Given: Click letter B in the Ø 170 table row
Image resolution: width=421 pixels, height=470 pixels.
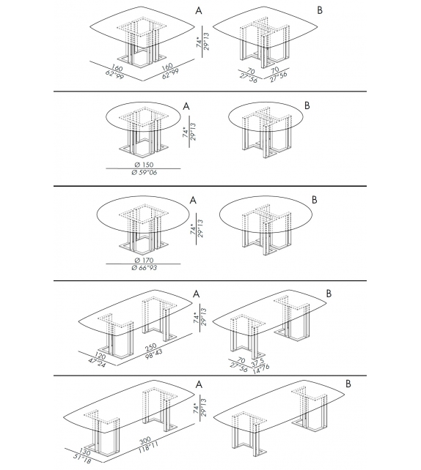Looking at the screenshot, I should (314, 199).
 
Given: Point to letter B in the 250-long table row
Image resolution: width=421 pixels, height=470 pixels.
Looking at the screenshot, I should (329, 294).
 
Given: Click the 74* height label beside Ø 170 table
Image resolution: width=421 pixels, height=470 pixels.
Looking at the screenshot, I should (193, 232).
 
